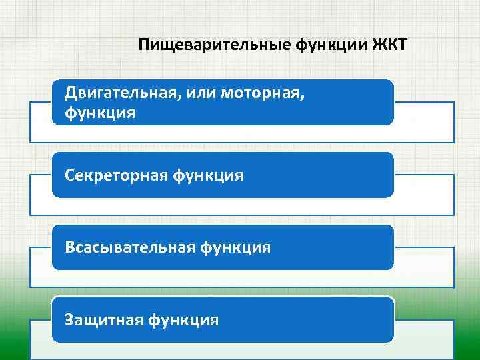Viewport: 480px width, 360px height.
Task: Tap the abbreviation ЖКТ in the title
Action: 393,45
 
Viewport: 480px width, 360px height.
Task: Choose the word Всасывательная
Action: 128,247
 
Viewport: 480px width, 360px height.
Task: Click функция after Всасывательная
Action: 234,247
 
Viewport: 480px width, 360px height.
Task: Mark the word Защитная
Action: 103,320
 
